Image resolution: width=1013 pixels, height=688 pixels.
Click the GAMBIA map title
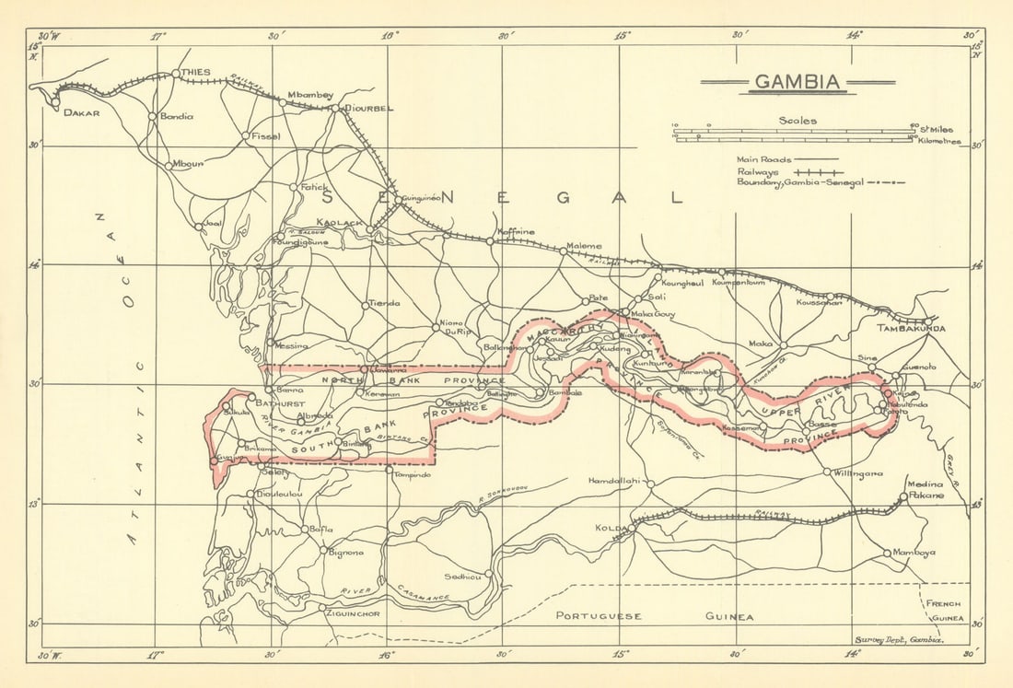797,82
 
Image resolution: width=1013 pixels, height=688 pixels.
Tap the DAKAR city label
81,112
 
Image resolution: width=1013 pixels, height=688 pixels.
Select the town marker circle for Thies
176,74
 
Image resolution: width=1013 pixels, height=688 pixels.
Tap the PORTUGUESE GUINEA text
655,616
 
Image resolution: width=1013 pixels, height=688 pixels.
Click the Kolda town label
616,529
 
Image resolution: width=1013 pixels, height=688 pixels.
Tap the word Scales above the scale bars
797,120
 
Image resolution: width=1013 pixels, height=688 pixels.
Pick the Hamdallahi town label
614,482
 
